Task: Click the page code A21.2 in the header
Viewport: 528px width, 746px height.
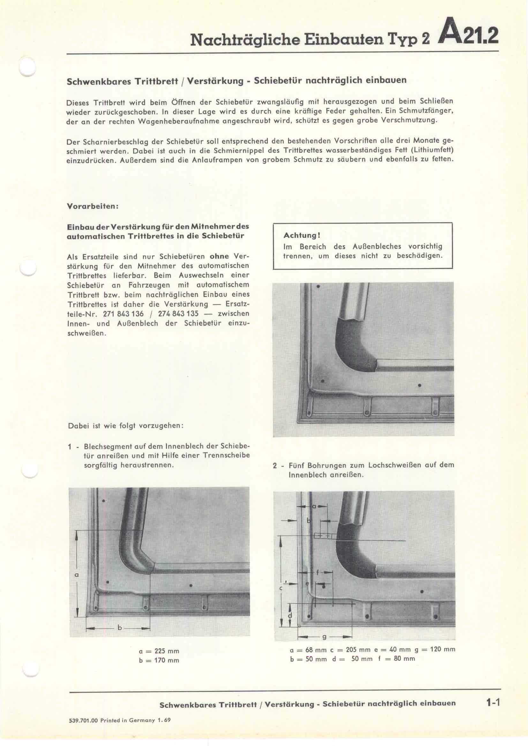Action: (x=468, y=36)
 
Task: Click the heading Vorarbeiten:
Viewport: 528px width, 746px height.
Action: (x=92, y=206)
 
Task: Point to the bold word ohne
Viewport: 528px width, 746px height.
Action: (x=219, y=256)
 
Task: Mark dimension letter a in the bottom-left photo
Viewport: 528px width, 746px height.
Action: (x=77, y=574)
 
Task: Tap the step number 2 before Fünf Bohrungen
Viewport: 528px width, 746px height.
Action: (x=275, y=466)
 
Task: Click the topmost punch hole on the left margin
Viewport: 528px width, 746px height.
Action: (x=27, y=67)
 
